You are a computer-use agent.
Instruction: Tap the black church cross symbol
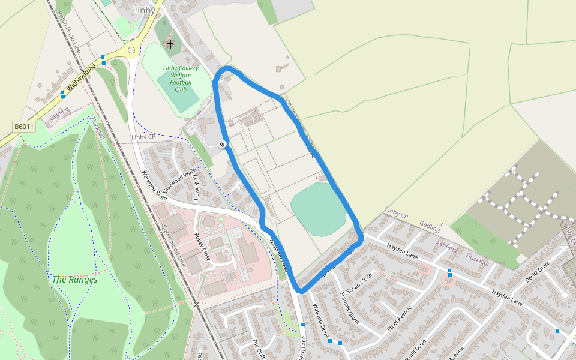coord(170,44)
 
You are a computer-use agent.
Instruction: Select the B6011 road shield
coord(24,127)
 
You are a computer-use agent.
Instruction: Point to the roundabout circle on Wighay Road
coord(131,50)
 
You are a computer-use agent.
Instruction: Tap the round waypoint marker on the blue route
coord(223,144)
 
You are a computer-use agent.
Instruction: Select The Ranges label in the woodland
coord(74,280)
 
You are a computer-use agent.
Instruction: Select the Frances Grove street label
coord(349,308)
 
